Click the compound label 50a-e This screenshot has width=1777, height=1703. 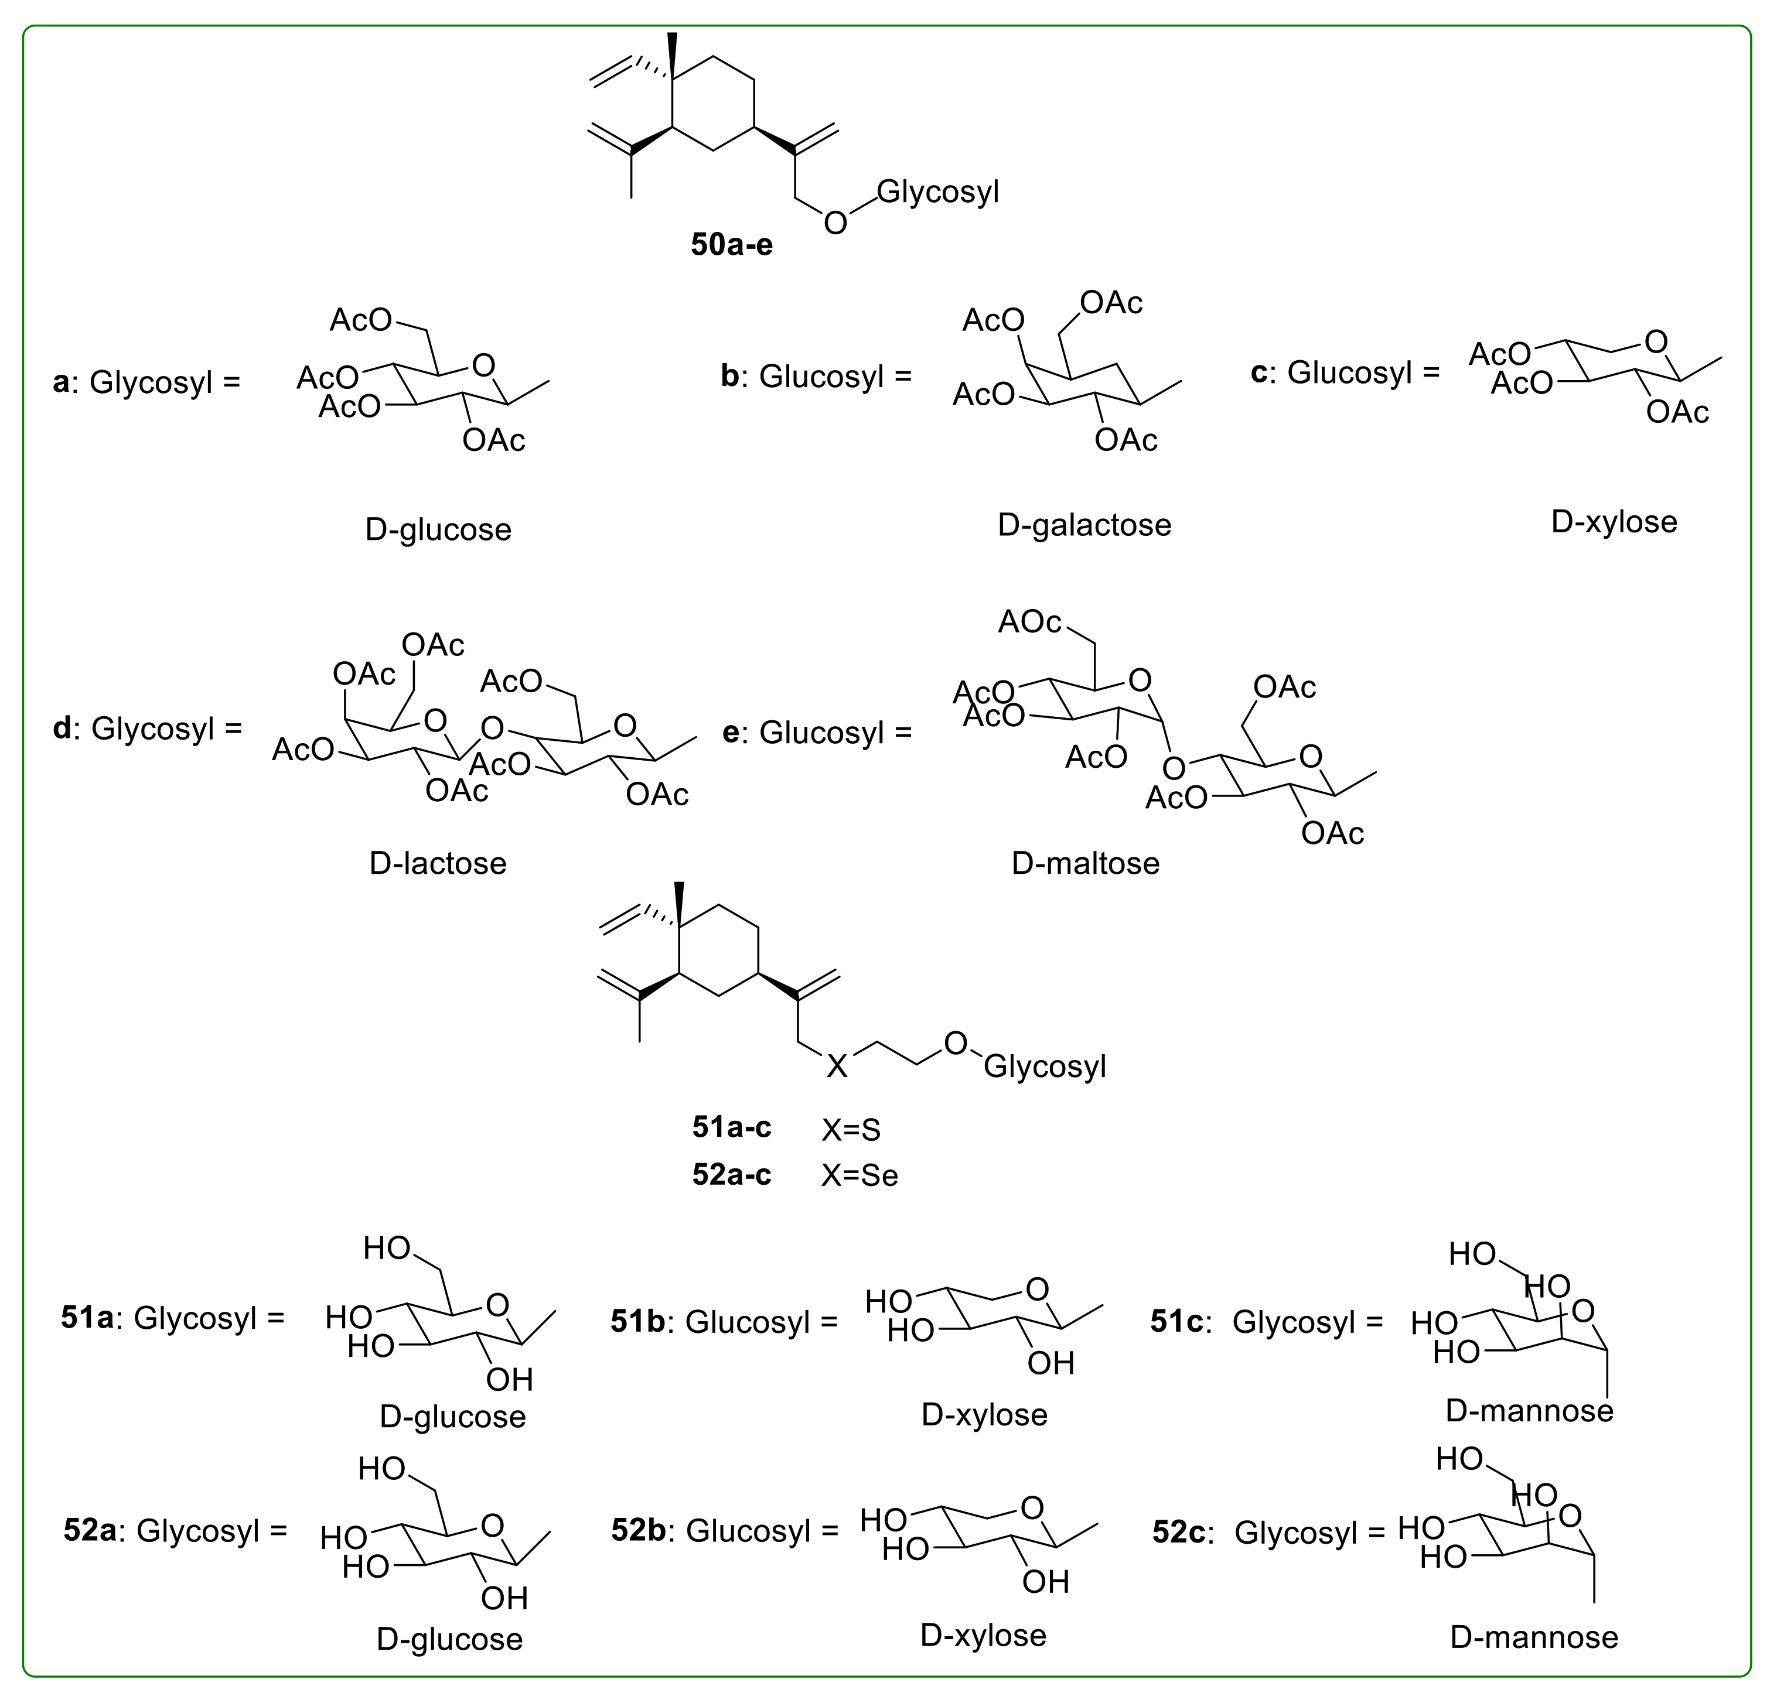coord(732,245)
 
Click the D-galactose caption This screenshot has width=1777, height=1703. coord(1084,525)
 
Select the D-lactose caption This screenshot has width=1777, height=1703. coord(438,863)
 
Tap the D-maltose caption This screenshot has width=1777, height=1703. coord(1085,863)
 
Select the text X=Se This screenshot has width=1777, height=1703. coord(859,1175)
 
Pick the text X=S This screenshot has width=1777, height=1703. coord(851,1129)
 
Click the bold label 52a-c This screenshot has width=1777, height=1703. coord(732,1175)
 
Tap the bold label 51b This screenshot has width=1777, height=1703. coord(638,1321)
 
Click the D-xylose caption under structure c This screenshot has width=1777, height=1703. coord(1614,522)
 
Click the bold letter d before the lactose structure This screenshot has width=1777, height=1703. coord(62,728)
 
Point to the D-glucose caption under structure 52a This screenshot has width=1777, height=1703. coord(450,1639)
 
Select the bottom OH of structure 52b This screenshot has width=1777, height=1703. coord(1046,1582)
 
